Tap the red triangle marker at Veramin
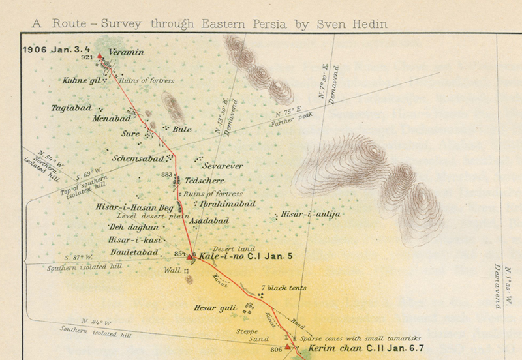tap(100, 57)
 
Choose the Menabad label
tap(110, 119)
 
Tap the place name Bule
tap(182, 129)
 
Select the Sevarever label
tap(223, 166)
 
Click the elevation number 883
tap(166, 175)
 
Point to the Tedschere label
tap(205, 180)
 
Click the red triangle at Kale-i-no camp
tap(190, 257)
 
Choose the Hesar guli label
tap(214, 307)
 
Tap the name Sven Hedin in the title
tap(356, 24)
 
